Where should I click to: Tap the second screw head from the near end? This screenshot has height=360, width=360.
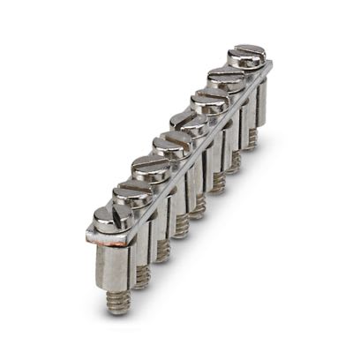(x=132, y=193)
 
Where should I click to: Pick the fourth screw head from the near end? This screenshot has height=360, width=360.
(x=169, y=145)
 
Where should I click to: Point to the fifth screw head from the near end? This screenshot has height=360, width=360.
(x=188, y=123)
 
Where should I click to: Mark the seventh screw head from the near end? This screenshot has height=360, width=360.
(x=227, y=78)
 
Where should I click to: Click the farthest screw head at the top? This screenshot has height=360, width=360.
(x=246, y=56)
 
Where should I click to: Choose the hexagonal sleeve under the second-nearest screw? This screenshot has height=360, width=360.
(x=137, y=247)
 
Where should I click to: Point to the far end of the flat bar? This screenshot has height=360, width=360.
(x=268, y=66)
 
